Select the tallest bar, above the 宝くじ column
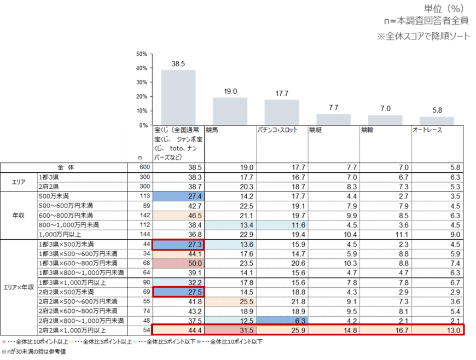pyautogui.click(x=178, y=96)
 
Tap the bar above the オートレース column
pyautogui.click(x=437, y=120)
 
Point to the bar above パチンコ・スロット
pyautogui.click(x=282, y=112)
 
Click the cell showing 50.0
pyautogui.click(x=178, y=263)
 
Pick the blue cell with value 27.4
pyautogui.click(x=178, y=196)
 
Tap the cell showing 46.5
pyautogui.click(x=178, y=215)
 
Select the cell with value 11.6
pyautogui.click(x=282, y=225)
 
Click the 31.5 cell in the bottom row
pyautogui.click(x=230, y=329)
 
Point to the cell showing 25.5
pyautogui.click(x=230, y=301)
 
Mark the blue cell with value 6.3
pyautogui.click(x=282, y=320)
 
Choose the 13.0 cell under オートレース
pyautogui.click(x=437, y=329)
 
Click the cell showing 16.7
pyautogui.click(x=385, y=329)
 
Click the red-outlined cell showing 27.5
pyautogui.click(x=178, y=292)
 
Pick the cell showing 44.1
pyautogui.click(x=178, y=253)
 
